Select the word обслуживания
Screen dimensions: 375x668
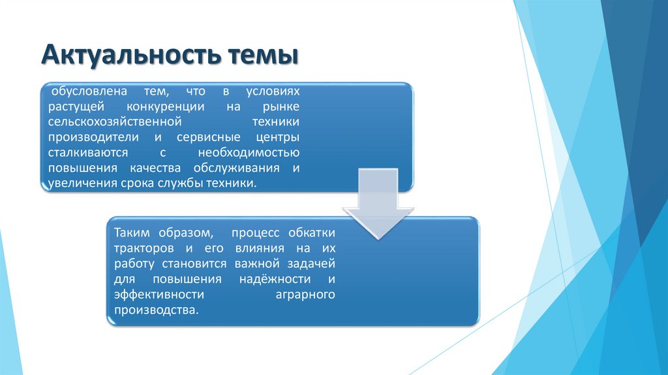pos(241,169)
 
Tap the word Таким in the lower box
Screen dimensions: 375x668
pos(130,233)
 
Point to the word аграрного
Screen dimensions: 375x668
pos(304,295)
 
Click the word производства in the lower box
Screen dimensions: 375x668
pos(155,311)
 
